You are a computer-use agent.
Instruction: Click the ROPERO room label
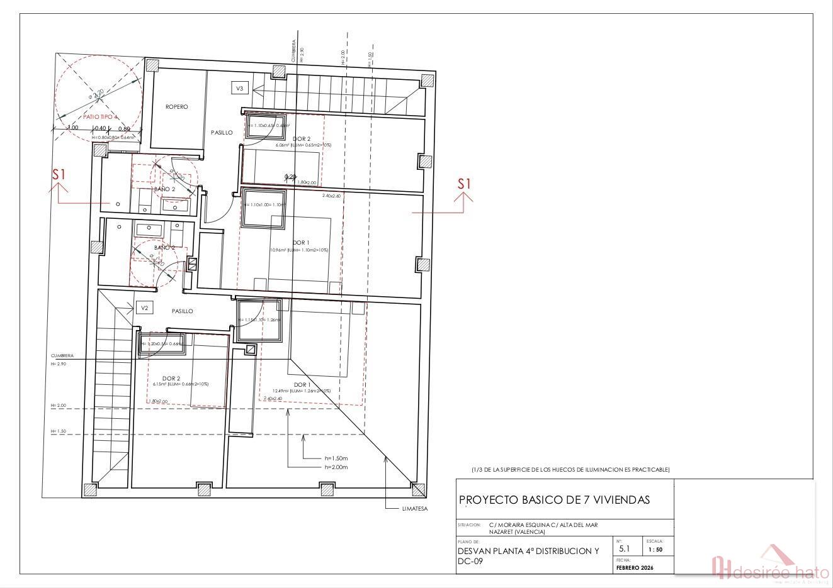pyautogui.click(x=177, y=107)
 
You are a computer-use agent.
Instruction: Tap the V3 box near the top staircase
pyautogui.click(x=239, y=89)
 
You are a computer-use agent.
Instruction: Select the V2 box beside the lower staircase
pyautogui.click(x=144, y=308)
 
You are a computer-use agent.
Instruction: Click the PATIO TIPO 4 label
pyautogui.click(x=101, y=117)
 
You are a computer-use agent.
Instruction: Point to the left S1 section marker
pyautogui.click(x=59, y=175)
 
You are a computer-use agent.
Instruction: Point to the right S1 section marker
pyautogui.click(x=464, y=184)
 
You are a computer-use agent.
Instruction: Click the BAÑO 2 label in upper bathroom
pyautogui.click(x=164, y=189)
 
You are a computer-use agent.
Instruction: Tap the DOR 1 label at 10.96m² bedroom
pyautogui.click(x=301, y=243)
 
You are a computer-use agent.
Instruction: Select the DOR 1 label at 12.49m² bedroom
pyautogui.click(x=302, y=384)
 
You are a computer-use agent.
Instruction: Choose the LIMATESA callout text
pyautogui.click(x=414, y=509)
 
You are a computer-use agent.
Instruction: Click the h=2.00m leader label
pyautogui.click(x=336, y=467)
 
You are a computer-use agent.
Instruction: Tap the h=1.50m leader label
pyautogui.click(x=336, y=458)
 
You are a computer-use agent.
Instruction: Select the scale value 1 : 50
pyautogui.click(x=655, y=550)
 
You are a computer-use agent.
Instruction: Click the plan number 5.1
pyautogui.click(x=625, y=549)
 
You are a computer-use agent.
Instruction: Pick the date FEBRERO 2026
pyautogui.click(x=635, y=568)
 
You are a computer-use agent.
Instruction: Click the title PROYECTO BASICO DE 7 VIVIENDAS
pyautogui.click(x=554, y=500)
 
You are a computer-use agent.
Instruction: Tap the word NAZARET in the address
pyautogui.click(x=501, y=532)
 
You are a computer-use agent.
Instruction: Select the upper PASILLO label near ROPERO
pyautogui.click(x=222, y=133)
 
